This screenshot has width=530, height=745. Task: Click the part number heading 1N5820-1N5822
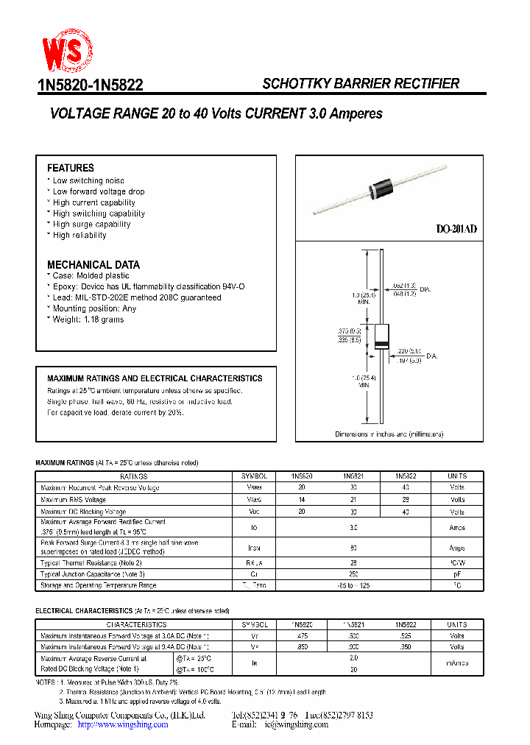[90, 85]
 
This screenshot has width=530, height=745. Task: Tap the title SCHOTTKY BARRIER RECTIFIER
[361, 84]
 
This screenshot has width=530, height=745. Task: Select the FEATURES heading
[71, 168]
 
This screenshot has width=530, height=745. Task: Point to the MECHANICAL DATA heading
[93, 264]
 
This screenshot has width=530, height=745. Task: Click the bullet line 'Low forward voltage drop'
[99, 191]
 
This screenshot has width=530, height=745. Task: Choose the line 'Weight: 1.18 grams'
[88, 319]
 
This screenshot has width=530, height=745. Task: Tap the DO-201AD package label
[456, 230]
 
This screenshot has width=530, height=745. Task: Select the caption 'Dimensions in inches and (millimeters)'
[389, 434]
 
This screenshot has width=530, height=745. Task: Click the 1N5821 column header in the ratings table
[353, 476]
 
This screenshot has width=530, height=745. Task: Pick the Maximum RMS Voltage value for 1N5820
[301, 500]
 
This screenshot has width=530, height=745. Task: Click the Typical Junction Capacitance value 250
[353, 574]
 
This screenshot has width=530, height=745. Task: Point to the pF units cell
[457, 574]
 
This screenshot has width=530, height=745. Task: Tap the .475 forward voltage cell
[301, 635]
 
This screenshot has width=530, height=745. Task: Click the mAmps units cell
[457, 663]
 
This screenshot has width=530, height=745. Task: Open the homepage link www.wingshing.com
[123, 724]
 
